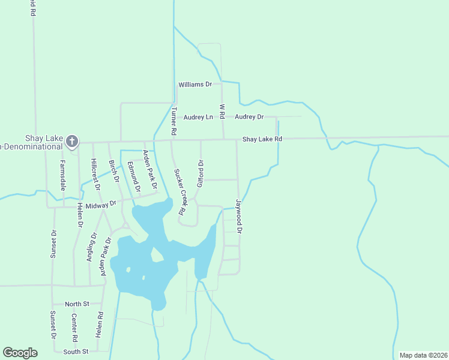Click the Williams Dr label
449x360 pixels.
point(195,85)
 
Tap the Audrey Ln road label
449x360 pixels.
point(198,117)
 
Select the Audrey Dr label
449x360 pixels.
point(249,116)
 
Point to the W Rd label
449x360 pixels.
point(222,110)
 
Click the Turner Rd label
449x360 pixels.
point(173,121)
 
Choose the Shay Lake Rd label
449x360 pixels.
point(262,139)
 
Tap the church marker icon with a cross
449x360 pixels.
point(72,142)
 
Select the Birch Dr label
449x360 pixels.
point(113,171)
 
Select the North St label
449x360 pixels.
point(77,304)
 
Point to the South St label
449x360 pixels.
point(76,351)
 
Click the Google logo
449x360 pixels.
point(20,353)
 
